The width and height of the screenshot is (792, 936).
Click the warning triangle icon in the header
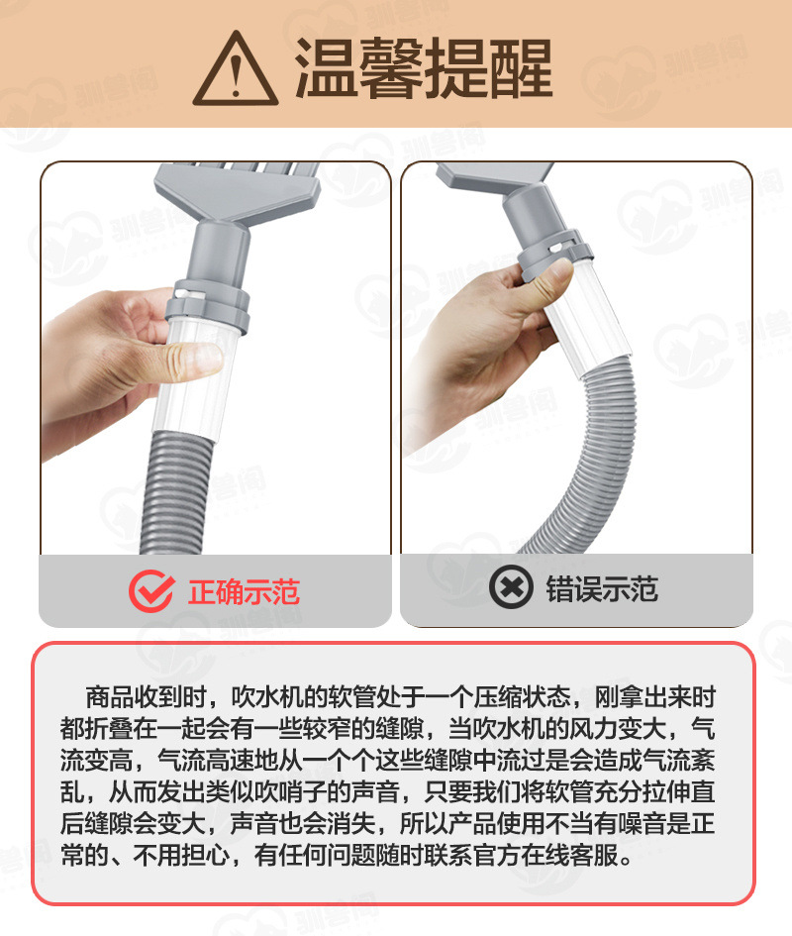235,68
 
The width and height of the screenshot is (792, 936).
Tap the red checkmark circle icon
151,590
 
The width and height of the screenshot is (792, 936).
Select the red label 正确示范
244,591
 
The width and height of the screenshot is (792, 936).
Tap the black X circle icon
512,589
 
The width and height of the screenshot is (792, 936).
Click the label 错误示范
602,590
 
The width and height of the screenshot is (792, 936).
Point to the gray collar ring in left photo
214,297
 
